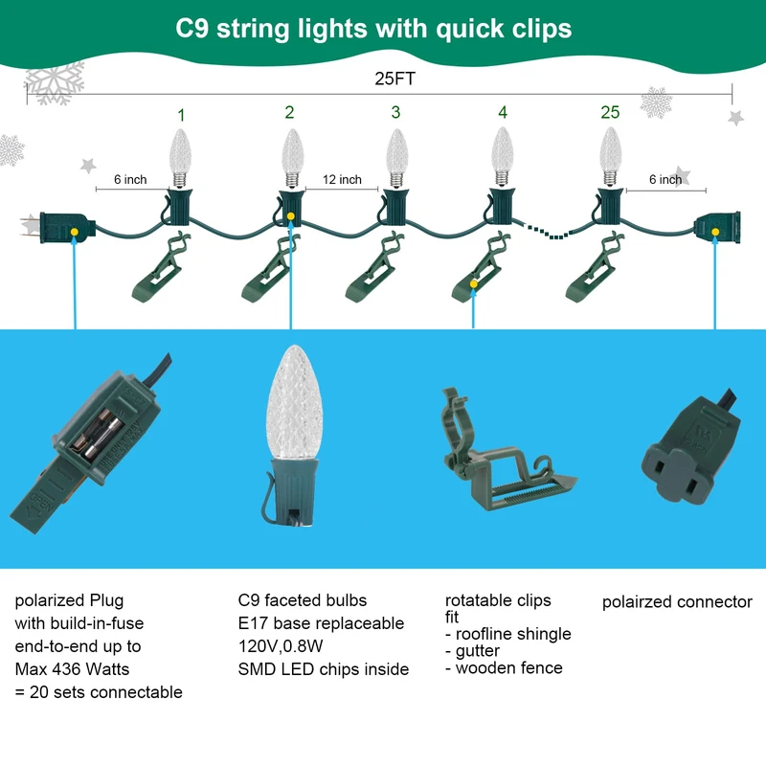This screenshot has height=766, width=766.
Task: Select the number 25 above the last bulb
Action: (x=610, y=112)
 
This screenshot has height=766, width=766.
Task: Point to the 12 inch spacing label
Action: (x=342, y=180)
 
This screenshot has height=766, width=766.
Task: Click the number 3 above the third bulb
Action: (x=395, y=112)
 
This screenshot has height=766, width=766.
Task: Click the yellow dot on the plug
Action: (x=75, y=231)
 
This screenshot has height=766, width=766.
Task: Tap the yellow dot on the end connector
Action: (x=714, y=231)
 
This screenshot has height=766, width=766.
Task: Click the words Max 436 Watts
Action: (x=72, y=669)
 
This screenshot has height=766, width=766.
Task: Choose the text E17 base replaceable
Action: (x=321, y=623)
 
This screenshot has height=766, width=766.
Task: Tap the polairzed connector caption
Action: (x=677, y=602)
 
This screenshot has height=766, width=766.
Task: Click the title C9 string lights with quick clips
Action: (x=373, y=29)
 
